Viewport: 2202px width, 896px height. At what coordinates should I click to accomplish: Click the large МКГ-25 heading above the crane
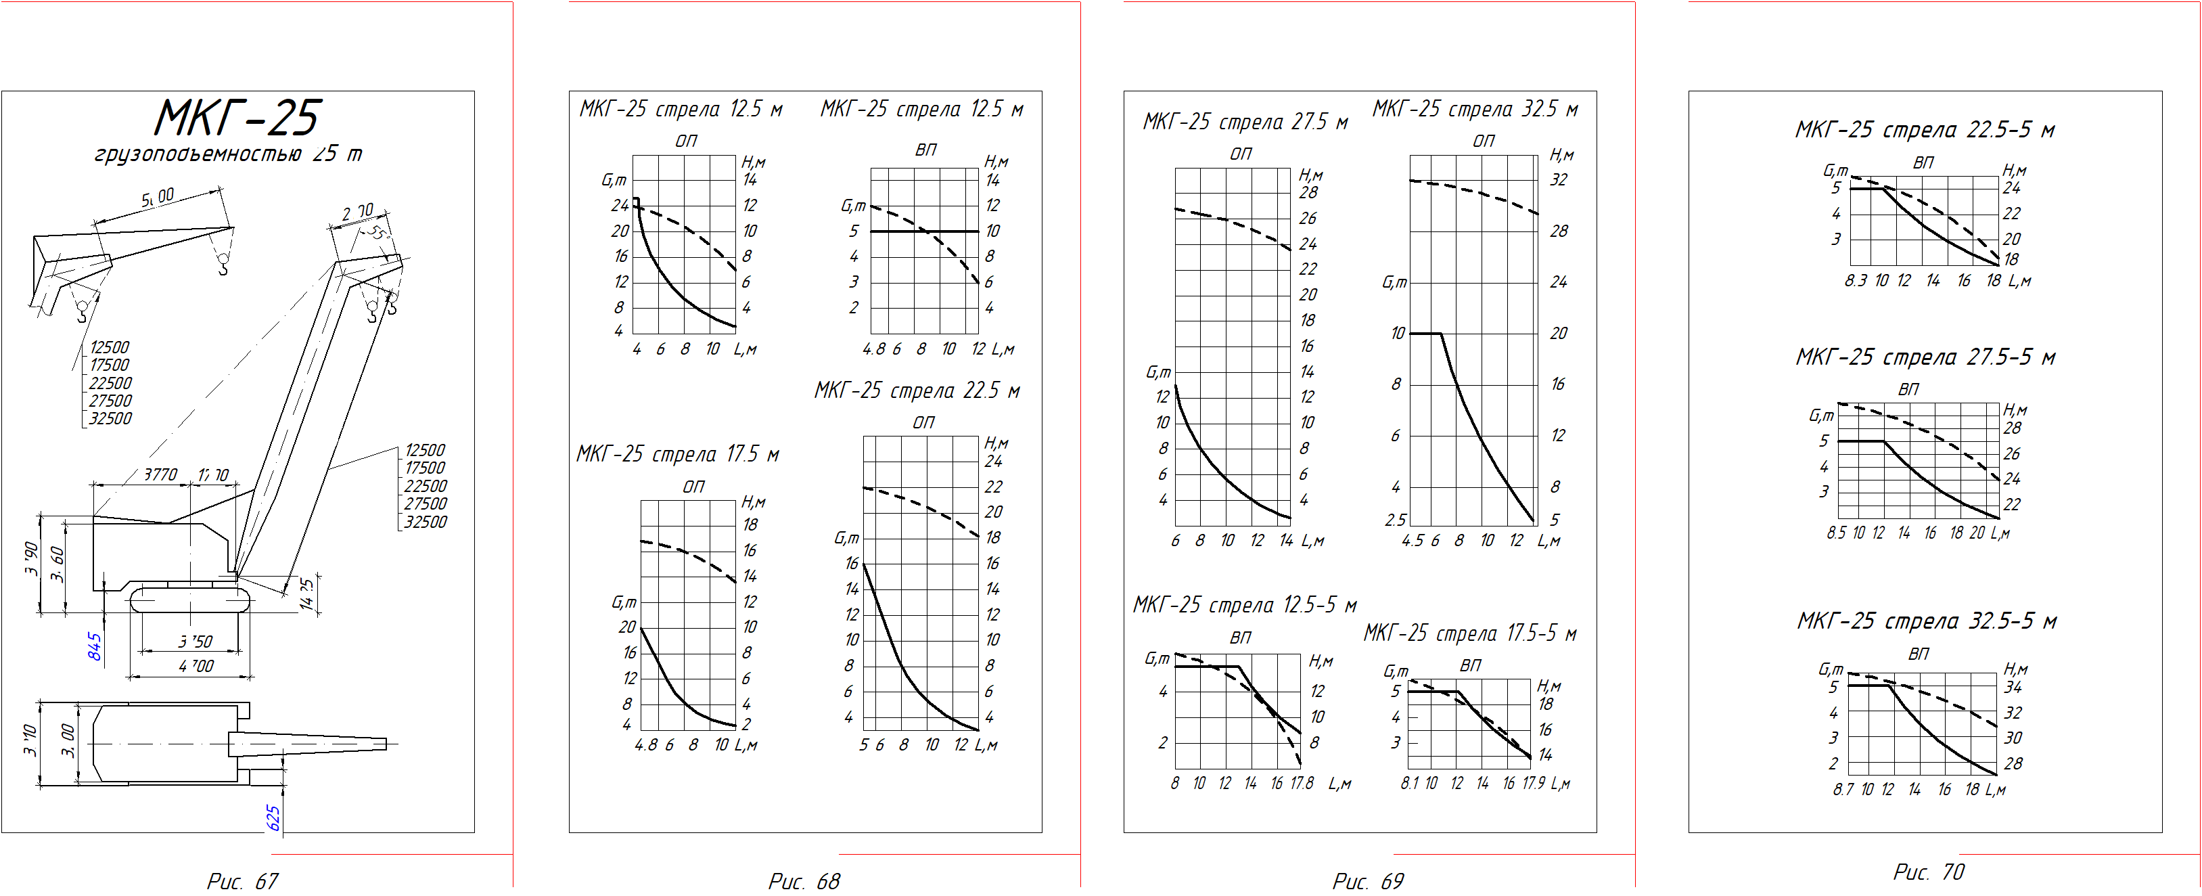click(237, 118)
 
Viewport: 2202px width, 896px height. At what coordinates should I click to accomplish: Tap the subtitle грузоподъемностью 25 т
click(228, 154)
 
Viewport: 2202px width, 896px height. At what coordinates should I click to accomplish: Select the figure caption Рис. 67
click(242, 880)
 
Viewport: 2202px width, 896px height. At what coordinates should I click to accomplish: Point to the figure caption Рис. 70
click(1929, 872)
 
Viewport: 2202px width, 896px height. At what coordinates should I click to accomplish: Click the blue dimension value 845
click(95, 646)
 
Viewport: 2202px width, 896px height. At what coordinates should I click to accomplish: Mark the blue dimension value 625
click(273, 818)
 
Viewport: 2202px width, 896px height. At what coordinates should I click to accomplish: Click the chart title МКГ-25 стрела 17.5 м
click(677, 454)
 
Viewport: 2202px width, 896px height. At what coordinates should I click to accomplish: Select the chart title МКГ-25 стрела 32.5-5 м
click(1927, 621)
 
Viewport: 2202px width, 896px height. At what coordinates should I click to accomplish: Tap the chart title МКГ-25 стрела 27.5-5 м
click(1925, 357)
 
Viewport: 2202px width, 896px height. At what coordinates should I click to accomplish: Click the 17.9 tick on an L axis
click(1534, 783)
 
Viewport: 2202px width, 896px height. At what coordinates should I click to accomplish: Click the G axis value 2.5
click(1395, 520)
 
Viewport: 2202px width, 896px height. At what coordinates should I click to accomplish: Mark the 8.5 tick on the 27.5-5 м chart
click(1836, 533)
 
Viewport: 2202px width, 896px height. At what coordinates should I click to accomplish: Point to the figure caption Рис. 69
click(1368, 880)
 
